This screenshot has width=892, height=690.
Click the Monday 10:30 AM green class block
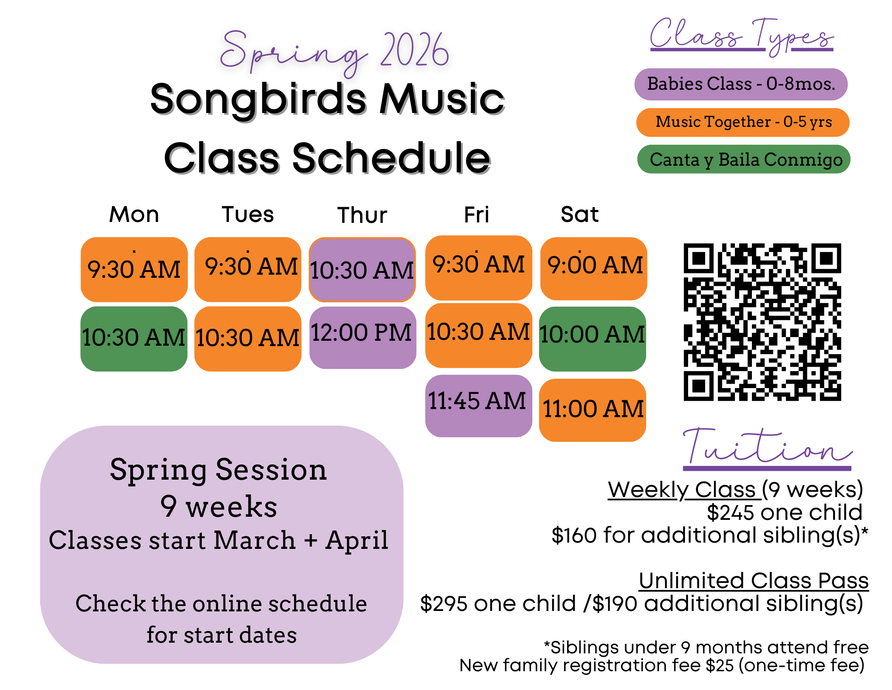[133, 339]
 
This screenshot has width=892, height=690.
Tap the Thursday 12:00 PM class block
[362, 337]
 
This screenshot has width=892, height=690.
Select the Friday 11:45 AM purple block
[478, 406]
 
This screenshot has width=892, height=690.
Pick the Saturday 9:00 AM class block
[593, 268]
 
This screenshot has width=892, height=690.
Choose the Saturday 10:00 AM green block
[592, 339]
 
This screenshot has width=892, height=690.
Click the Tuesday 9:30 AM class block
[248, 269]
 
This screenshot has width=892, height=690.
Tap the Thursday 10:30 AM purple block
[362, 270]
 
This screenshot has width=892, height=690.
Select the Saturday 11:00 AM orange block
[592, 410]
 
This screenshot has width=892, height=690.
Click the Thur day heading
[362, 215]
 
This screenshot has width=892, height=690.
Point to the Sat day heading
[579, 214]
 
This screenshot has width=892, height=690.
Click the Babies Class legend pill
[741, 84]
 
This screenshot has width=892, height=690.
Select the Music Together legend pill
[743, 122]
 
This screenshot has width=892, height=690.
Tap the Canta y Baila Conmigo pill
[743, 159]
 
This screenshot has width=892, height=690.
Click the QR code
[762, 322]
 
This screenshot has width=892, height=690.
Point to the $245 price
[732, 513]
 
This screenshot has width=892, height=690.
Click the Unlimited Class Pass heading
[753, 581]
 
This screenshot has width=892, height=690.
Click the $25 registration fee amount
[719, 665]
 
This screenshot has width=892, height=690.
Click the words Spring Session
[219, 470]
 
